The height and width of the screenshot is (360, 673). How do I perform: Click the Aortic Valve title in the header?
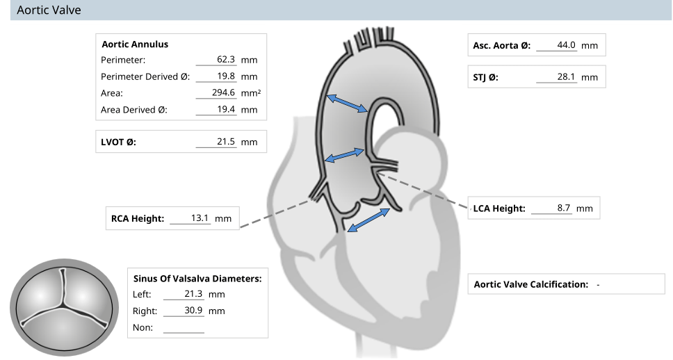pos(49,10)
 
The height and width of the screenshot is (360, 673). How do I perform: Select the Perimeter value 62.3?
pos(226,59)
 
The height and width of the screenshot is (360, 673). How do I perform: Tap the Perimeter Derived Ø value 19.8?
pos(226,76)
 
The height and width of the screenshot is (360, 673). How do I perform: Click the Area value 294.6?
pos(223,92)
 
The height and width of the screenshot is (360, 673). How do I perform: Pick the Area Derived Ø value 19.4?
pos(226,109)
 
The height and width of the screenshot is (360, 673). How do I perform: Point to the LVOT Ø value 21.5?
pos(226,142)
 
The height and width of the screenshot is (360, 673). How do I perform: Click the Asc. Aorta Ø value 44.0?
pos(566,45)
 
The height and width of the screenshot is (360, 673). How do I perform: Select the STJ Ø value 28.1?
pos(566,77)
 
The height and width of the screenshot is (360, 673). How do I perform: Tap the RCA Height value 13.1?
pos(200,218)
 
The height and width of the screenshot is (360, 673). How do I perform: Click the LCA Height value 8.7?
pos(564,208)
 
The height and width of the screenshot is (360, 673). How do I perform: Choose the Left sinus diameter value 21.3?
pos(193,294)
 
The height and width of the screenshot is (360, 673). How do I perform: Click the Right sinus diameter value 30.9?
pos(193,310)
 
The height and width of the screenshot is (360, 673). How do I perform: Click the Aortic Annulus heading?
pos(135,44)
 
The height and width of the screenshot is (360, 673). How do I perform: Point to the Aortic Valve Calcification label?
pos(531,284)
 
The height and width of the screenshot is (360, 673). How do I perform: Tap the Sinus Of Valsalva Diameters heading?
pos(197,279)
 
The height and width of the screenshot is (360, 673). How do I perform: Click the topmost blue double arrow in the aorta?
pos(347,104)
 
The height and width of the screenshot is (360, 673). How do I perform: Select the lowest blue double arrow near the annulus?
pos(368,220)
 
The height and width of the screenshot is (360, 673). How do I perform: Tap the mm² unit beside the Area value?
pos(251,92)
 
